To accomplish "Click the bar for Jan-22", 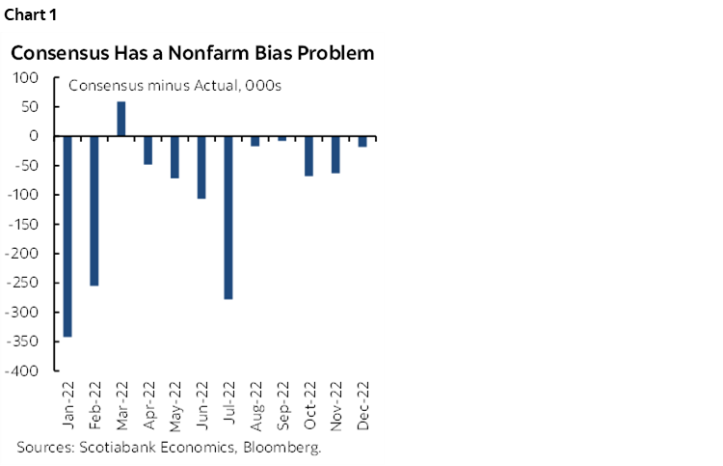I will [x=67, y=236].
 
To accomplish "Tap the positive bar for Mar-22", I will [x=121, y=119].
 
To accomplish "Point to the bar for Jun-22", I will [x=201, y=167].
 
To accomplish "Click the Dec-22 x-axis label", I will [x=362, y=409].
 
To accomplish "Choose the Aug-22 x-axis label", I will [x=255, y=409].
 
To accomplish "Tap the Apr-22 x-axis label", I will [x=148, y=409].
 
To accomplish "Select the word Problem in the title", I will [x=332, y=52].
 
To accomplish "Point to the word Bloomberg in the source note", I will [x=286, y=448].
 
